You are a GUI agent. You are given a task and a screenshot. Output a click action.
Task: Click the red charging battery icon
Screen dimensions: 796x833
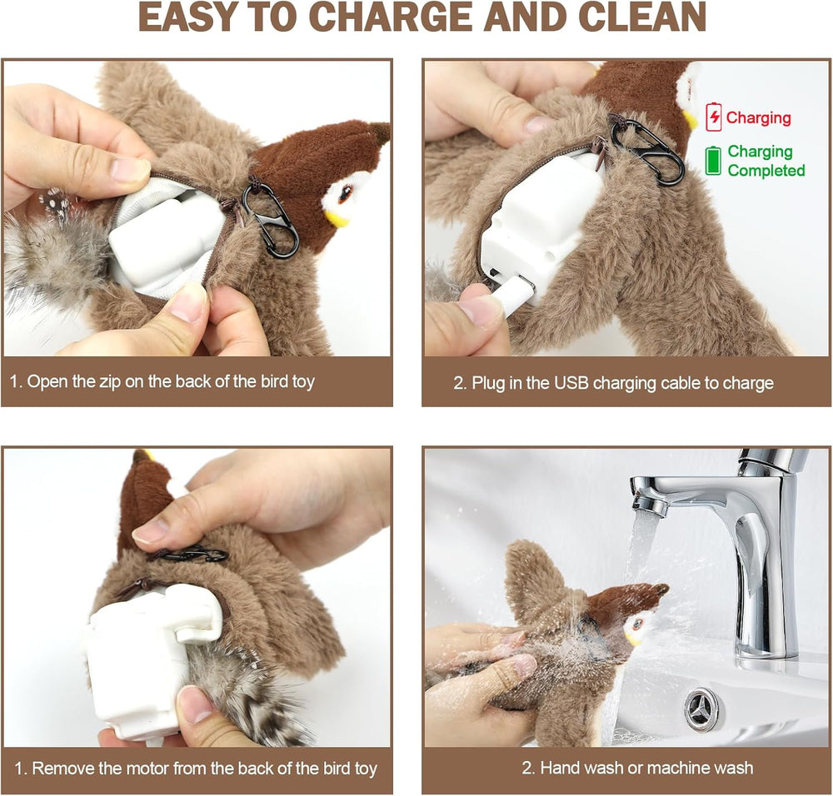[x=714, y=117]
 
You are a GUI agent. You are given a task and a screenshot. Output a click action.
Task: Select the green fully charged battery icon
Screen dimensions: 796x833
[x=713, y=161]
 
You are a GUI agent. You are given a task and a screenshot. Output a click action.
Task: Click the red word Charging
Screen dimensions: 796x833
[x=758, y=117]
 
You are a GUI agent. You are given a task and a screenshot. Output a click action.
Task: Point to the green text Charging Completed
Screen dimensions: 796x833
[x=766, y=161]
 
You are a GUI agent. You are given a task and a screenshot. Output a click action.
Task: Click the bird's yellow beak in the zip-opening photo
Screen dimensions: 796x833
[x=337, y=219]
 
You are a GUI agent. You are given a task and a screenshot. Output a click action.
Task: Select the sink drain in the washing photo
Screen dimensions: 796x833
[x=702, y=709]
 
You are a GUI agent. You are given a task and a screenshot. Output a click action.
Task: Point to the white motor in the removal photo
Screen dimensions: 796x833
[x=142, y=658]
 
